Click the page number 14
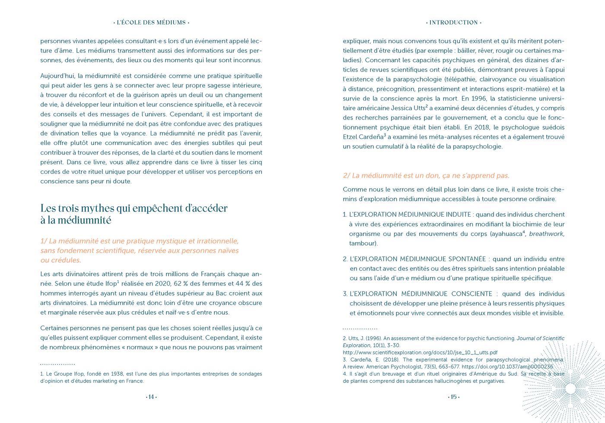[x=151, y=397]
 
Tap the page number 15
[x=454, y=397]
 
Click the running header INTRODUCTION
[x=454, y=22]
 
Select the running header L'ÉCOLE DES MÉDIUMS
[x=151, y=22]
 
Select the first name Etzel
[x=351, y=137]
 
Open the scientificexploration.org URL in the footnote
[x=420, y=352]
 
